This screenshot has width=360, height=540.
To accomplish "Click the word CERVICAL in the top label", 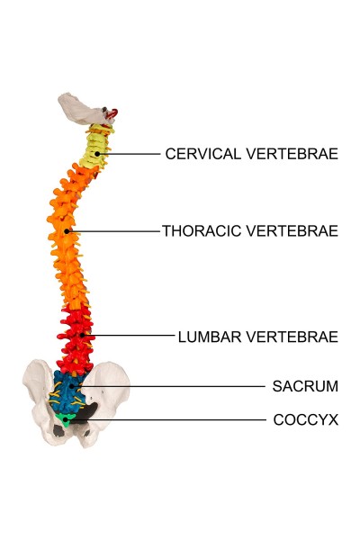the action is (202, 154).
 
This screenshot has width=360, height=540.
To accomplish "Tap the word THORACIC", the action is (202, 230).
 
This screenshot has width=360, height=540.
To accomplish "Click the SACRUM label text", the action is (305, 386).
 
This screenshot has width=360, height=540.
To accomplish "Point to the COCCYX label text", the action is (306, 419).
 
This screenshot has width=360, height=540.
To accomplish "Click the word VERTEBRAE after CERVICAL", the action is (292, 154).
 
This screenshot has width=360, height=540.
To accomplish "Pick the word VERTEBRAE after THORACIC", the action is (292, 230).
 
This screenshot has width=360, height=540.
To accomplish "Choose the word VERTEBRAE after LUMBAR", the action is (292, 337).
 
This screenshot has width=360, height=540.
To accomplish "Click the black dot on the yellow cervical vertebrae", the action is (97, 154).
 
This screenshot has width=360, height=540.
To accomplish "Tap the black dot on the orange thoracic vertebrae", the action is (67, 231).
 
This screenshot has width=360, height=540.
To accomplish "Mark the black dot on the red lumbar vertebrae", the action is (83, 335).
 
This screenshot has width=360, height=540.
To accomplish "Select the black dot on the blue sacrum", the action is (72, 386).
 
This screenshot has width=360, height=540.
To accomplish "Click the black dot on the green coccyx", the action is (65, 419).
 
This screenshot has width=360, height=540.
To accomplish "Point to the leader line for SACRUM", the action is (168, 386).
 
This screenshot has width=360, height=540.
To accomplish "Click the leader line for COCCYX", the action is (166, 419).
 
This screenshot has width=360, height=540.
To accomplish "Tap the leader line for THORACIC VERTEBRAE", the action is (113, 231).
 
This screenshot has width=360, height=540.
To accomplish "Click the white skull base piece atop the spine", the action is (82, 110).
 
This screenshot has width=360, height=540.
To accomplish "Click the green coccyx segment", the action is (65, 419).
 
